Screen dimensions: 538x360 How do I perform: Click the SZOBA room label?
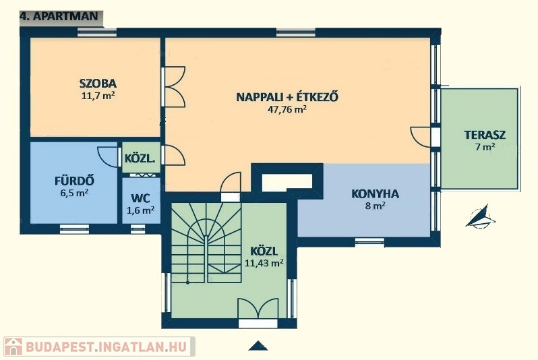98,84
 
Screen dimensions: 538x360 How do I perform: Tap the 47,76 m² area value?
287,109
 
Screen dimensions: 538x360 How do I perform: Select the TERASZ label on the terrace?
485,135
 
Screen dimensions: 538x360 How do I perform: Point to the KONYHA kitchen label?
375,194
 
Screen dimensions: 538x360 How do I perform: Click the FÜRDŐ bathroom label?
74,181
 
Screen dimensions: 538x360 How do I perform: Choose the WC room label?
140,198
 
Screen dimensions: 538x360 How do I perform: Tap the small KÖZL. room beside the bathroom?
140,158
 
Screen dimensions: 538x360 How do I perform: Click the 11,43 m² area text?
264,263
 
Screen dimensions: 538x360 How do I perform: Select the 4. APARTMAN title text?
59,16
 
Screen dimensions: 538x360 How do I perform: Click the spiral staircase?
206,242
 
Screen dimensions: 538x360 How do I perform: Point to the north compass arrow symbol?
480,217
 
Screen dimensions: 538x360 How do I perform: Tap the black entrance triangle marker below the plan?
258,346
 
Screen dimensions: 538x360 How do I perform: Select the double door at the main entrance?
258,309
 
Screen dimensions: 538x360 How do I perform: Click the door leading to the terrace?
420,137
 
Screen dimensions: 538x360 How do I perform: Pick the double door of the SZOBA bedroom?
175,86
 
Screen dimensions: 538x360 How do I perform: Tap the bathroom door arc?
107,157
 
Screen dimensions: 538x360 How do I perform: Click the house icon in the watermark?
13,347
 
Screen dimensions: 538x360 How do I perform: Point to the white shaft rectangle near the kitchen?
287,182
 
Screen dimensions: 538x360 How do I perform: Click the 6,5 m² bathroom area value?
74,193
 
